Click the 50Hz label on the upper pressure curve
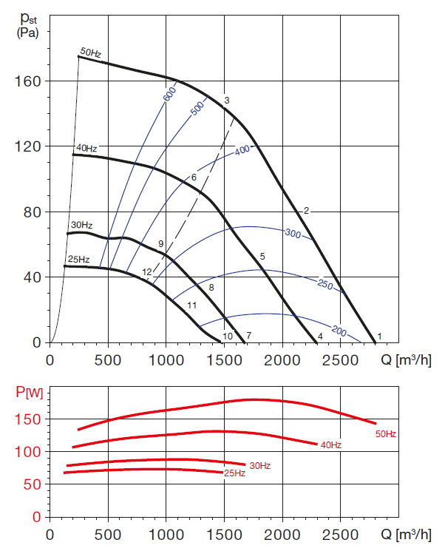(89, 52)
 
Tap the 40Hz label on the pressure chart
(85, 149)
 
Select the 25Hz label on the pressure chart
(78, 260)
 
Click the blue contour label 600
(170, 95)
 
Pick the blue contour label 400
(243, 151)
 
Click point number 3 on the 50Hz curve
(227, 101)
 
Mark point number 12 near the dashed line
(146, 273)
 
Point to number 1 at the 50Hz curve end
(379, 337)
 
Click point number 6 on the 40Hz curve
(194, 178)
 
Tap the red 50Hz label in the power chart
(386, 434)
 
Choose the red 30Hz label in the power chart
(259, 465)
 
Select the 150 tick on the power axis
(30, 419)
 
